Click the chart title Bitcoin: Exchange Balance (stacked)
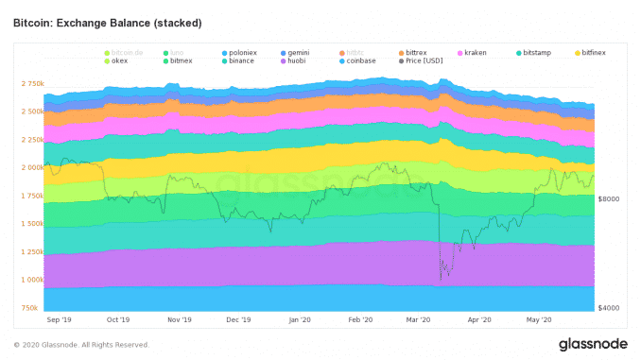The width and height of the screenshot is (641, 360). [x=107, y=21]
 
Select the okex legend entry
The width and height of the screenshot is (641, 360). [x=120, y=61]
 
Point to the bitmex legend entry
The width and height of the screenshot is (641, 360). [x=182, y=61]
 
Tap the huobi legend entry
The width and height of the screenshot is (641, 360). [x=300, y=61]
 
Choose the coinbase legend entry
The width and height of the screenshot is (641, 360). [x=364, y=61]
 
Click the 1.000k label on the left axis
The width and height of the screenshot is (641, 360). [x=31, y=280]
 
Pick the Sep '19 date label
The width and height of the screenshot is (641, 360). [x=59, y=320]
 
